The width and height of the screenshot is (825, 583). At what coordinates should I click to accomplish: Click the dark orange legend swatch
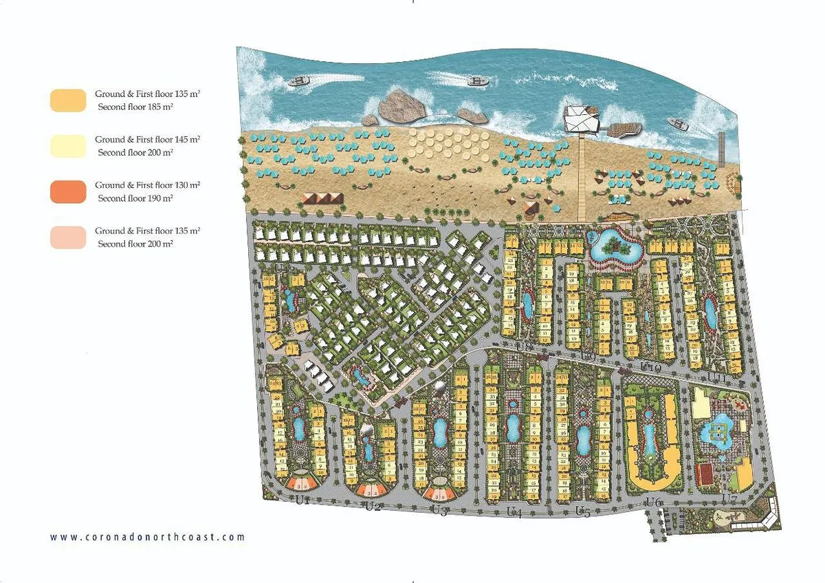(x=68, y=192)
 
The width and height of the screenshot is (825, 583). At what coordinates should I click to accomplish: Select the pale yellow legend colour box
(x=68, y=146)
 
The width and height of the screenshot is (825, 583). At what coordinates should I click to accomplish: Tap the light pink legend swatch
(x=68, y=237)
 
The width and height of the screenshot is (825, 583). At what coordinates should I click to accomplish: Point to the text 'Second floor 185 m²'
(x=134, y=107)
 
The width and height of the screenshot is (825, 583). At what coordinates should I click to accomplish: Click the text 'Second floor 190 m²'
(x=135, y=198)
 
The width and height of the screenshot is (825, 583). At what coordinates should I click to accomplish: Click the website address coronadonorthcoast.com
(x=148, y=537)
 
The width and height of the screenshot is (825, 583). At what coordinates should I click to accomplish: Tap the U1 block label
(x=302, y=500)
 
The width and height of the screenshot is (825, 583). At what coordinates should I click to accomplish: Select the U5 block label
(x=582, y=511)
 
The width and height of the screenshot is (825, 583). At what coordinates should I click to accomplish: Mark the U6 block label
(x=653, y=503)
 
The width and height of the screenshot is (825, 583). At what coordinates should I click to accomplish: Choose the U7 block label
(x=729, y=498)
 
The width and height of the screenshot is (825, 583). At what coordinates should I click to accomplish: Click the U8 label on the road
(x=525, y=347)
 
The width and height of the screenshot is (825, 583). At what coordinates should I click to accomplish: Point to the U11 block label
(x=717, y=377)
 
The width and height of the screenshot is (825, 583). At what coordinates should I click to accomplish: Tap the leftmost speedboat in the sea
(x=299, y=82)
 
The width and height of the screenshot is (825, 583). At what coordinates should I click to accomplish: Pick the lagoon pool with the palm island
(x=615, y=244)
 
